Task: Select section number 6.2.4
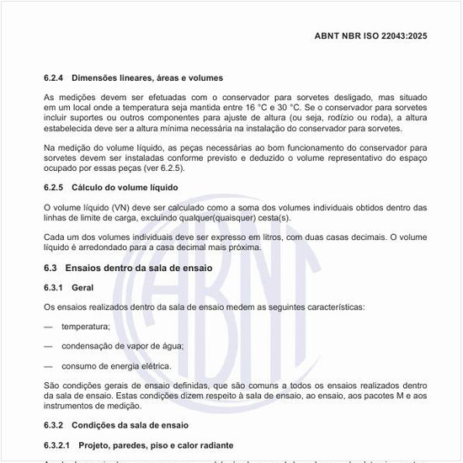coord(56,78)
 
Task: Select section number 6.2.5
coord(56,187)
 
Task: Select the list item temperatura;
coord(86,326)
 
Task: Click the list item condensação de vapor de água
coord(122,346)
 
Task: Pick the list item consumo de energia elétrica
coord(116,365)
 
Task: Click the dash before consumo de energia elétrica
coord(48,365)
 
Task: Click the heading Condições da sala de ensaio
coord(130,424)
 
